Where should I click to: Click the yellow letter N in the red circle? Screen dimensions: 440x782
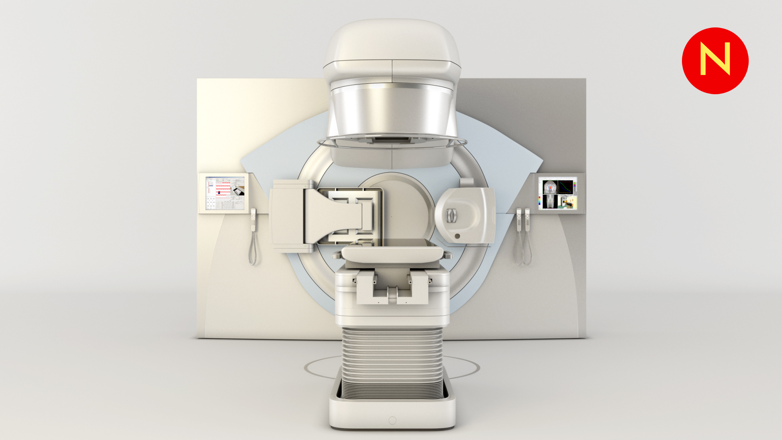[x=715, y=59]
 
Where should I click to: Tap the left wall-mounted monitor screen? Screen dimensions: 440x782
[x=225, y=193]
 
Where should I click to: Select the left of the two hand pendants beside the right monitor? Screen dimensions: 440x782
[x=519, y=220]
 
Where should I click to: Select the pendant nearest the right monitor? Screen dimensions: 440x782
[x=527, y=220]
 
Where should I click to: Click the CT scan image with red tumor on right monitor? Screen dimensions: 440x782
[x=550, y=187]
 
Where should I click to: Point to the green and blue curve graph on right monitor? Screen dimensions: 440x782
[x=565, y=187]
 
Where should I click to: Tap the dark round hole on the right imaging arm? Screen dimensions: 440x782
[x=457, y=236]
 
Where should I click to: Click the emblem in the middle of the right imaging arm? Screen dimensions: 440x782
[x=452, y=216]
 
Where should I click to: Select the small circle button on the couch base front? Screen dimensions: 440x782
[x=393, y=420]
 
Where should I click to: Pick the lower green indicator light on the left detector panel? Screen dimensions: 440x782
[x=305, y=246]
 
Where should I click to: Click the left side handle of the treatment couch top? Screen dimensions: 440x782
[x=336, y=256]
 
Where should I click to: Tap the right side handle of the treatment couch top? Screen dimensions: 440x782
[x=448, y=256]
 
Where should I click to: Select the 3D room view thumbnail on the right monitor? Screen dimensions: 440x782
[x=565, y=202]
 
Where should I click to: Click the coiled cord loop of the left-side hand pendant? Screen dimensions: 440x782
[x=253, y=250]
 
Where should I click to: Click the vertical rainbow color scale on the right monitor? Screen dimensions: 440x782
[x=540, y=201]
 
